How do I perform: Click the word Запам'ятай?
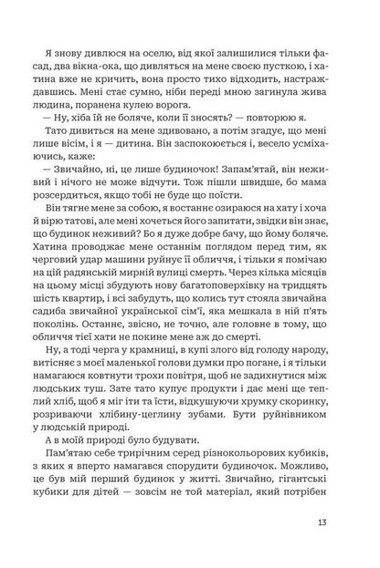(219, 205)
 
